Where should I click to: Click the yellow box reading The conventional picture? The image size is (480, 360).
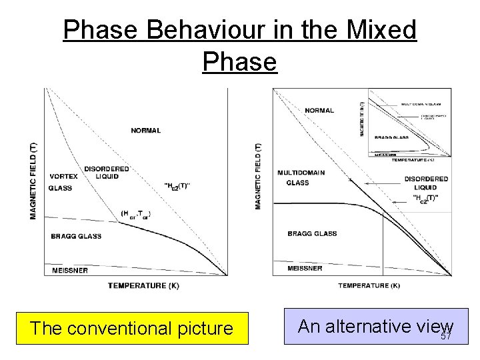(x=132, y=328)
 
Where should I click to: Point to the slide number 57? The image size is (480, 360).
(x=446, y=336)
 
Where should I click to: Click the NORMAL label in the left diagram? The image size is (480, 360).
(x=145, y=131)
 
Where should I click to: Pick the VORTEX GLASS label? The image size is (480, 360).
(x=63, y=182)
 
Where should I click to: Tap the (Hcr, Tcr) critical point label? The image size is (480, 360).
(x=136, y=214)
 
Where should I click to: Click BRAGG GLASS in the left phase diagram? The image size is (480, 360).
(x=76, y=236)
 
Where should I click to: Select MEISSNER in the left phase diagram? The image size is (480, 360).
(x=69, y=270)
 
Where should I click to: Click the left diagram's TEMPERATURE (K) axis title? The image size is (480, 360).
(x=143, y=285)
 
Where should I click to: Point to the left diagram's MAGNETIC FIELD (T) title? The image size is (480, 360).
(x=34, y=180)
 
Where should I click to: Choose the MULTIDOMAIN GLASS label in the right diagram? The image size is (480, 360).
(x=301, y=177)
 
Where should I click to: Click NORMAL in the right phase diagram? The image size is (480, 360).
(x=319, y=110)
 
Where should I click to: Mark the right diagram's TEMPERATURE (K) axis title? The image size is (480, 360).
(x=369, y=285)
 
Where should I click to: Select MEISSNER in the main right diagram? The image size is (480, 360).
(x=305, y=268)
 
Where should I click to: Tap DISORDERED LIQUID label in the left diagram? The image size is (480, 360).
(x=106, y=172)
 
